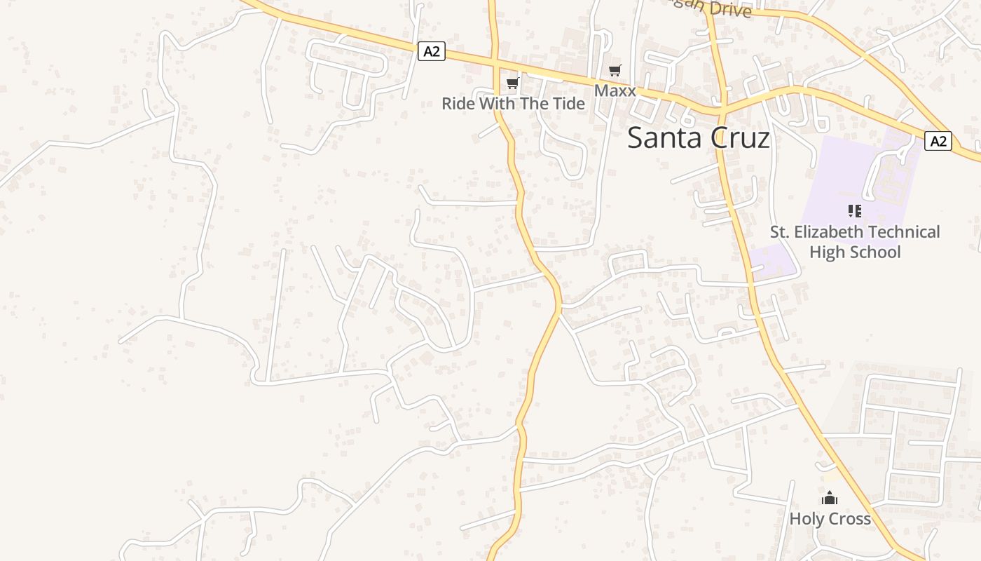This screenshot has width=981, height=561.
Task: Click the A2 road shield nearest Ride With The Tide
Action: click(432, 51)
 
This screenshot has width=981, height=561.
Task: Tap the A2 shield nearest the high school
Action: click(938, 141)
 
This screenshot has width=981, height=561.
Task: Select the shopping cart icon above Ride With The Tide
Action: click(513, 83)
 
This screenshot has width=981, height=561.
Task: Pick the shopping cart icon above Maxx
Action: click(615, 70)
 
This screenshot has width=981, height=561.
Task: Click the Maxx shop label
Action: click(615, 91)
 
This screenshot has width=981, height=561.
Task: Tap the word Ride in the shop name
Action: click(458, 104)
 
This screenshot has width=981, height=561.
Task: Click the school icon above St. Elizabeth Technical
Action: click(854, 210)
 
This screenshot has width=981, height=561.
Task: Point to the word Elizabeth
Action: click(834, 232)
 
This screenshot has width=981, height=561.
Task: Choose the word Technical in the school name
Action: click(907, 232)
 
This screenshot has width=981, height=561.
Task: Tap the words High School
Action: click(855, 252)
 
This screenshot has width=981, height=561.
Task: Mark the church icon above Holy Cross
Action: click(830, 499)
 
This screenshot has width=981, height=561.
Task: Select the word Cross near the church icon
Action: click(849, 520)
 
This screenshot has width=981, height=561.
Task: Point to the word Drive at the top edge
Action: click(729, 10)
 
